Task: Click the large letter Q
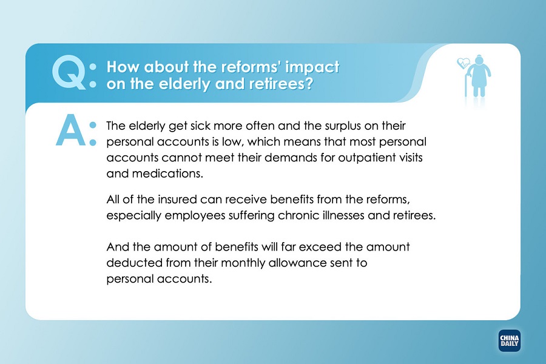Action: [68, 72]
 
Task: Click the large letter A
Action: [71, 130]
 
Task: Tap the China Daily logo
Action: [510, 341]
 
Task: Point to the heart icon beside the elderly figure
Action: [463, 63]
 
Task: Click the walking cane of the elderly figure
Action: [467, 84]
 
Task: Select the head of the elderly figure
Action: [479, 59]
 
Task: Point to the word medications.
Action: [167, 174]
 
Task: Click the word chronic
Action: [298, 215]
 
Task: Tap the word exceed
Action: [320, 247]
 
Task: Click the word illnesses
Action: [343, 215]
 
